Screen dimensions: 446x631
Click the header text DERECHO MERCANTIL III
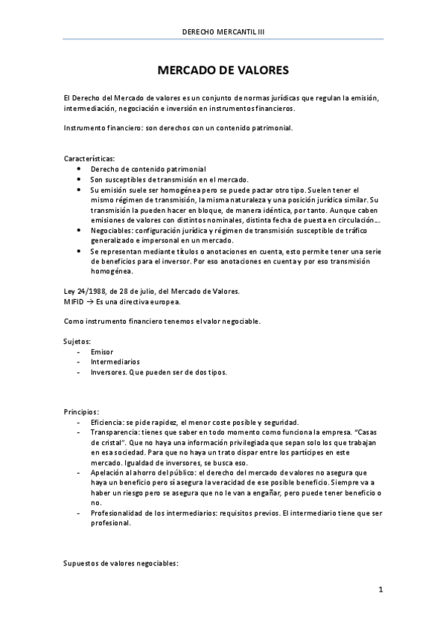(x=223, y=31)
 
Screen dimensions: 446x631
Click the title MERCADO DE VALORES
(x=223, y=70)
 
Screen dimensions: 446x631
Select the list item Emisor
(x=101, y=351)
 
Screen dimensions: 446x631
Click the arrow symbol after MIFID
(x=93, y=301)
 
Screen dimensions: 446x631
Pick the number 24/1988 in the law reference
(x=89, y=291)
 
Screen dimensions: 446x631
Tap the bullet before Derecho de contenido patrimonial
(x=79, y=169)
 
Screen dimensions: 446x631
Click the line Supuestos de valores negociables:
(x=121, y=563)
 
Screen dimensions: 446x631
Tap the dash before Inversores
(x=79, y=372)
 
